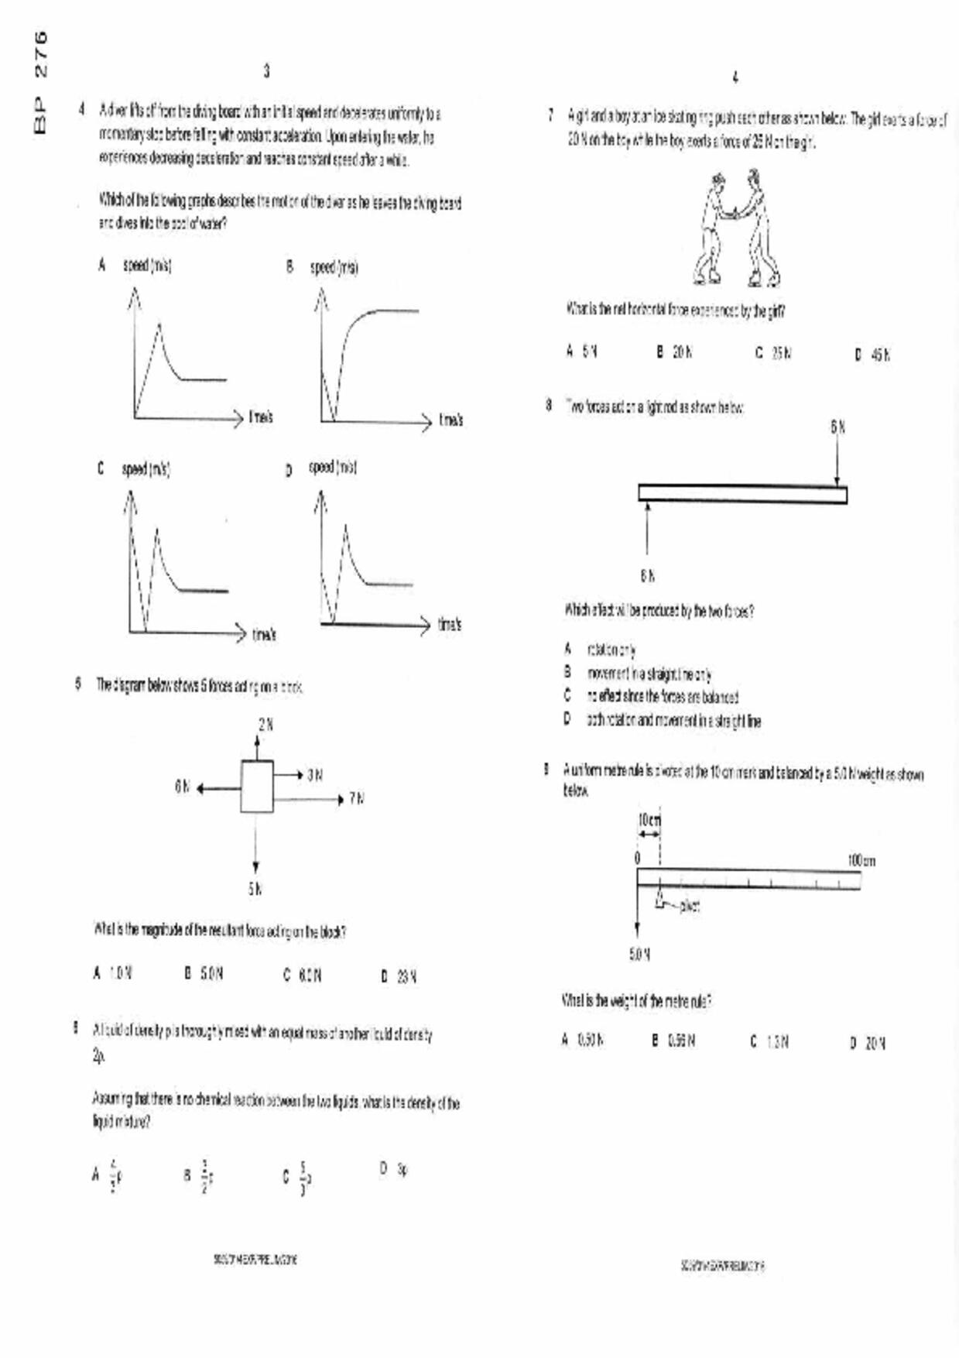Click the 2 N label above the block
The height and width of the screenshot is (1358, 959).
coord(265,725)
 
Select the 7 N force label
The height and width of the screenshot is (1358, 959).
coord(356,798)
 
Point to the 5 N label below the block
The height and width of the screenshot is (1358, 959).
coord(255,890)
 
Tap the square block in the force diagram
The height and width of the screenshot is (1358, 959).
coord(256,787)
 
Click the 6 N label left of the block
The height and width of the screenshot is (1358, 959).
coord(182,787)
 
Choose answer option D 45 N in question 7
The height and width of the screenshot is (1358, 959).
coord(873,355)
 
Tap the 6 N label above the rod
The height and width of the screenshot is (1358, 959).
coord(838,427)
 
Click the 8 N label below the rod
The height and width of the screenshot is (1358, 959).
coord(648,575)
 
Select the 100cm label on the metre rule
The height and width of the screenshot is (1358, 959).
coord(861,861)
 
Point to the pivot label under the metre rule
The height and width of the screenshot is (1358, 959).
coord(690,906)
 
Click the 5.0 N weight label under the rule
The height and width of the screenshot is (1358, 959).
coord(639,955)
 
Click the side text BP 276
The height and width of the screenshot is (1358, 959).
coord(40,81)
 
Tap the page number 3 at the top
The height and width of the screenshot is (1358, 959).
coord(266,71)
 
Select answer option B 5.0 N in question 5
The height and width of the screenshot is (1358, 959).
coord(204,974)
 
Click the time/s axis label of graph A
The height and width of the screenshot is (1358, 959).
coord(261,417)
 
